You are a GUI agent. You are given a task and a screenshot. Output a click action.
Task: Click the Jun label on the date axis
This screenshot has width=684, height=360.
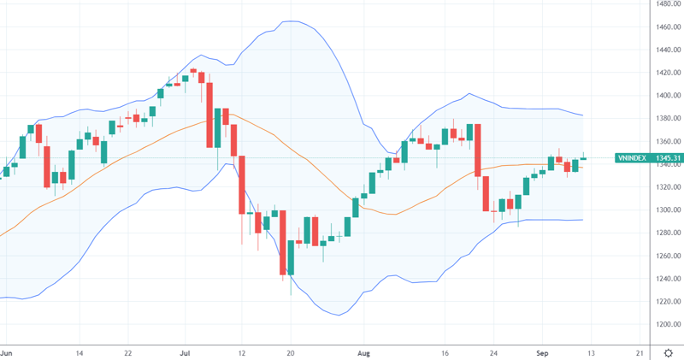point(7,351)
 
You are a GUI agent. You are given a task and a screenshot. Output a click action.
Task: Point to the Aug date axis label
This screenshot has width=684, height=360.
point(364,351)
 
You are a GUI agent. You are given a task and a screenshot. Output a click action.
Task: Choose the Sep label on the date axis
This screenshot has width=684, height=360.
point(542,351)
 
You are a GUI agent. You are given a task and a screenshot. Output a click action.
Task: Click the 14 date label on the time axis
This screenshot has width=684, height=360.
point(80,351)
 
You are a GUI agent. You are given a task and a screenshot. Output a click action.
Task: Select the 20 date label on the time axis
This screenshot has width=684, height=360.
point(291,351)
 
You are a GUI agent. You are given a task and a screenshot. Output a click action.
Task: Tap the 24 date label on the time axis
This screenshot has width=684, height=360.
point(494,351)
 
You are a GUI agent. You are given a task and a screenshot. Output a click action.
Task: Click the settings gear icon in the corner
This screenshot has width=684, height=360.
point(667,351)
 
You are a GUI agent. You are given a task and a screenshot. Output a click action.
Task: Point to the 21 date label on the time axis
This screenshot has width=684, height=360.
point(640,351)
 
